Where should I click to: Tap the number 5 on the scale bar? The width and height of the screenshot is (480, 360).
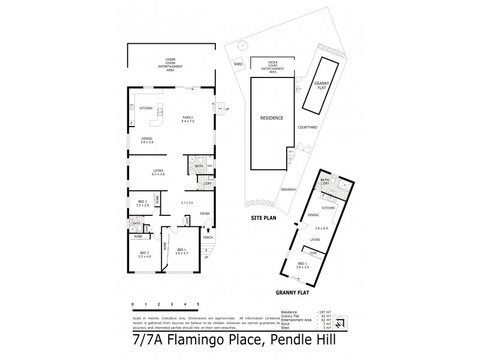click(x=199, y=305)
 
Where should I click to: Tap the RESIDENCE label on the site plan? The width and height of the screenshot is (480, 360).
click(x=271, y=118)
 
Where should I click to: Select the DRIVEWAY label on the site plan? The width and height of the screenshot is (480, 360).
click(x=289, y=190)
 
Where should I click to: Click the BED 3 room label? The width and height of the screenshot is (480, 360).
click(x=143, y=203)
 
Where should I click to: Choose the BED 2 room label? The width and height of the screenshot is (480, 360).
click(x=144, y=254)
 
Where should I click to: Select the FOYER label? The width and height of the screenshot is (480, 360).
click(x=204, y=213)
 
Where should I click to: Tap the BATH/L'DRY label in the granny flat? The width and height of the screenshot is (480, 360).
click(x=325, y=182)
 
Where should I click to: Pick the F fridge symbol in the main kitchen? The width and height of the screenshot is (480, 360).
click(x=131, y=124)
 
